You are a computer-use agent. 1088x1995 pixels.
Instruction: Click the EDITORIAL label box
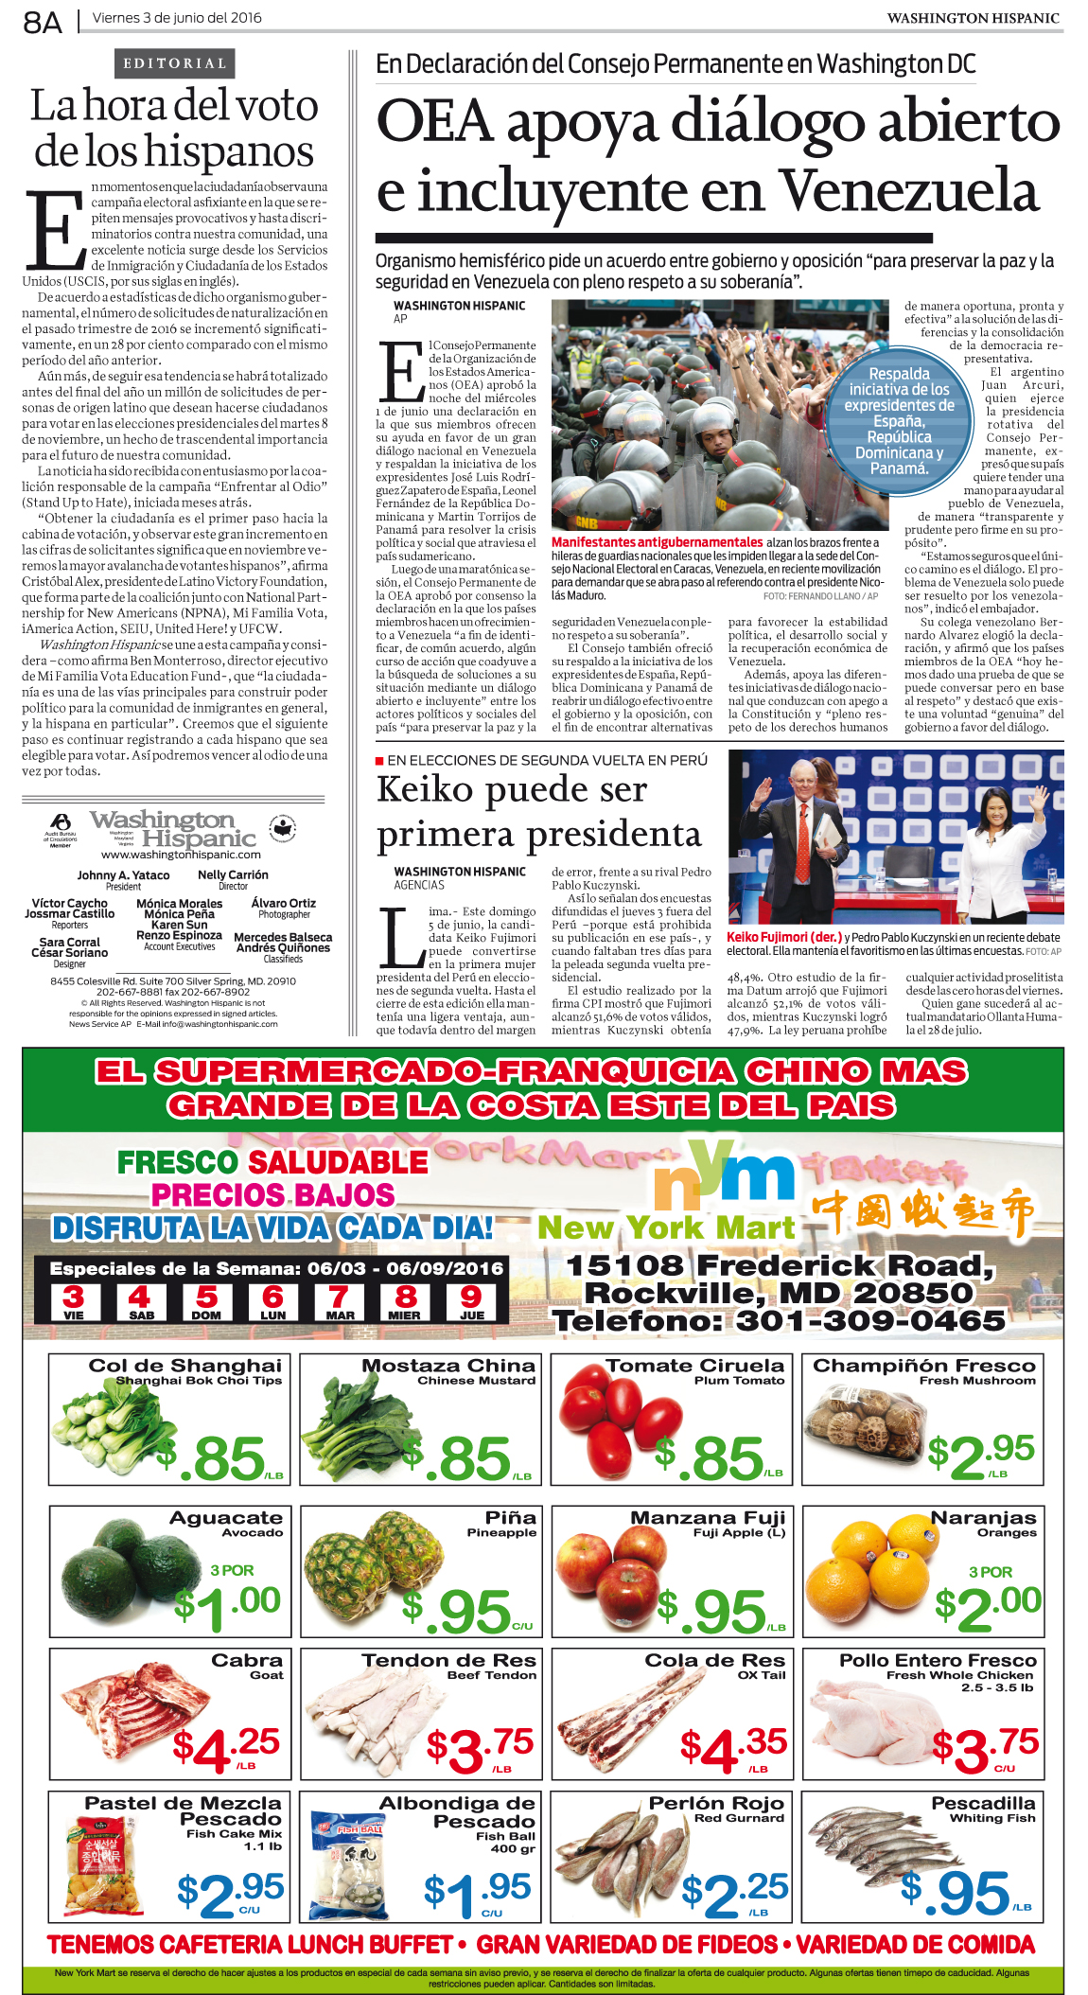tap(175, 63)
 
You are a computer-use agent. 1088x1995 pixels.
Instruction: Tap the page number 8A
tap(43, 22)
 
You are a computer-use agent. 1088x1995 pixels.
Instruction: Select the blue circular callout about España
tap(899, 420)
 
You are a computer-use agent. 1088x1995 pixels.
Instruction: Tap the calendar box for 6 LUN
tap(272, 1302)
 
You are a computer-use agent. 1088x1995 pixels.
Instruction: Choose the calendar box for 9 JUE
tap(471, 1302)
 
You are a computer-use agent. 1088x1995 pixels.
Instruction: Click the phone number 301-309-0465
tap(870, 1320)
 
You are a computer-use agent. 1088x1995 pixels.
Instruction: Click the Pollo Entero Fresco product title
tap(938, 1660)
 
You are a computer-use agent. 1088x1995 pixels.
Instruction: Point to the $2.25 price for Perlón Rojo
tap(734, 1892)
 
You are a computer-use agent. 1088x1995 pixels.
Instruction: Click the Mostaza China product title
tap(448, 1366)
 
